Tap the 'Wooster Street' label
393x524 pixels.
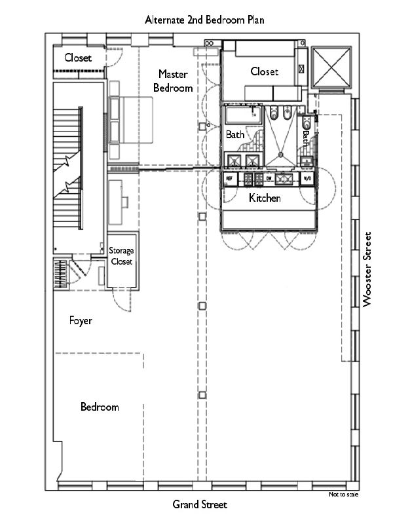(367, 269)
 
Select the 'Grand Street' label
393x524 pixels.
(200, 504)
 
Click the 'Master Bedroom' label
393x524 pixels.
(173, 81)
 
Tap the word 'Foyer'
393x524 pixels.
(81, 321)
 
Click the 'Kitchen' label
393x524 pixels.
(265, 197)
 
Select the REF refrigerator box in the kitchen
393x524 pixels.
(230, 178)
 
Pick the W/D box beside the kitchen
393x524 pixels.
(308, 178)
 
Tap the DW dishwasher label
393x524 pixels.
(268, 178)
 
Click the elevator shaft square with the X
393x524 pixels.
(333, 67)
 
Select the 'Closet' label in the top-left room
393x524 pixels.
(77, 58)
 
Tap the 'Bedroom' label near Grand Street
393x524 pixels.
(100, 407)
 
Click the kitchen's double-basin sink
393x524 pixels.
(286, 178)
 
